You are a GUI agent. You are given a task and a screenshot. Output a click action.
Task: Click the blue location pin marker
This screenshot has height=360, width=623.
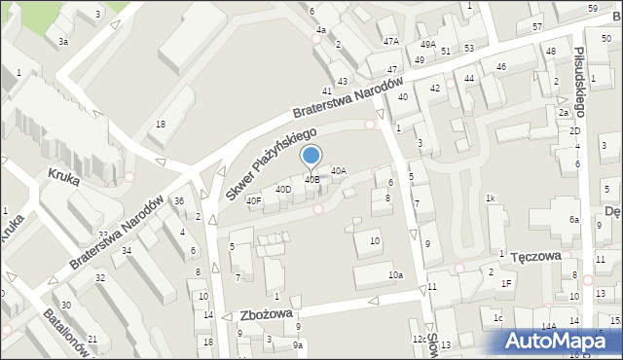pyautogui.click(x=311, y=156)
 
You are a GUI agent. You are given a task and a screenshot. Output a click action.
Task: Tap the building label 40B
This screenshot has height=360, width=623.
pyautogui.click(x=311, y=179)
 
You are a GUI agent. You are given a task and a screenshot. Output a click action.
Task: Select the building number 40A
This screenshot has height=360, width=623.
pyautogui.click(x=338, y=170)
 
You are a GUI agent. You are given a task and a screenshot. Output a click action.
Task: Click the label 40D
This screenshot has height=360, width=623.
pyautogui.click(x=283, y=189)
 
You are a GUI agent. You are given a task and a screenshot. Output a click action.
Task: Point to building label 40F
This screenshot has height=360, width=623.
pyautogui.click(x=253, y=201)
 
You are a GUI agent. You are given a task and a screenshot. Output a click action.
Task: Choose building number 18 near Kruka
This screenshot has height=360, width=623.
pyautogui.click(x=161, y=124)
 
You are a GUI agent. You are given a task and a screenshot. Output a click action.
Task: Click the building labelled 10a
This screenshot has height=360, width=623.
pyautogui.click(x=394, y=275)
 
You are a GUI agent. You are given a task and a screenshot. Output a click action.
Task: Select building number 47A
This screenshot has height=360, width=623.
pyautogui.click(x=390, y=42)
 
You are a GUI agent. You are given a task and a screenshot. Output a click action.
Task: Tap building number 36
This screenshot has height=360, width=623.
pyautogui.click(x=178, y=201)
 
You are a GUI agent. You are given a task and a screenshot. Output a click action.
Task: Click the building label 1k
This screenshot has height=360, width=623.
pyautogui.click(x=492, y=198)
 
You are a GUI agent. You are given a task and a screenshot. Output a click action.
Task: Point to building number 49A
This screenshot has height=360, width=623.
pyautogui.click(x=427, y=45)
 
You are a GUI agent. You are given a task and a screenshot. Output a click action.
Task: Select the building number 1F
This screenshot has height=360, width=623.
pyautogui.click(x=505, y=283)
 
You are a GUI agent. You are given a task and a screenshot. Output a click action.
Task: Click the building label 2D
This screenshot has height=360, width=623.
pyautogui.click(x=574, y=130)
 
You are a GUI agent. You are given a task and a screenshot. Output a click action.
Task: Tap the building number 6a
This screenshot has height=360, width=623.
pyautogui.click(x=573, y=220)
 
